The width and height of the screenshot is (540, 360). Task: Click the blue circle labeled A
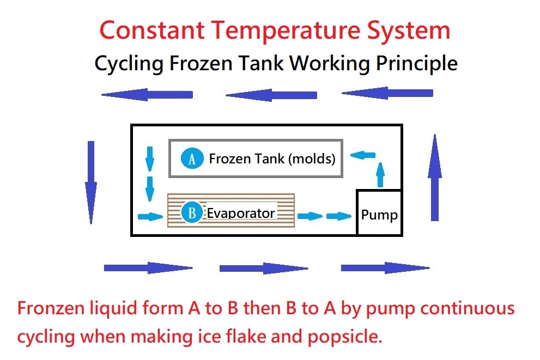pyautogui.click(x=192, y=158)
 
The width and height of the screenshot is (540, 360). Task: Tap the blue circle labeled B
pyautogui.click(x=192, y=212)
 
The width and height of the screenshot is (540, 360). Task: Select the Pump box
pyautogui.click(x=379, y=212)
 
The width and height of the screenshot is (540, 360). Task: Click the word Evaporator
pyautogui.click(x=240, y=213)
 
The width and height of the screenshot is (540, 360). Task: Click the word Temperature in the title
pyautogui.click(x=285, y=31)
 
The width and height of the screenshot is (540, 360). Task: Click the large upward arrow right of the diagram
pyautogui.click(x=435, y=177)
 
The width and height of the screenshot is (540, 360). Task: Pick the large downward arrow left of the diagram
pyautogui.click(x=91, y=182)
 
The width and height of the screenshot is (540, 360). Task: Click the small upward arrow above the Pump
pyautogui.click(x=380, y=174)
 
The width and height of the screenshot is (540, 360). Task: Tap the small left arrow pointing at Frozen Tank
pyautogui.click(x=363, y=155)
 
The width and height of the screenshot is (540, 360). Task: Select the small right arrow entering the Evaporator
pyautogui.click(x=150, y=216)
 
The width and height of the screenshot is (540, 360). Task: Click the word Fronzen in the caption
pyautogui.click(x=51, y=308)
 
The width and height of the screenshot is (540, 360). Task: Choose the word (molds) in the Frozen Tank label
pyautogui.click(x=312, y=158)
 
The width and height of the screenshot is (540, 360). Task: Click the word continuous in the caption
pyautogui.click(x=468, y=308)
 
